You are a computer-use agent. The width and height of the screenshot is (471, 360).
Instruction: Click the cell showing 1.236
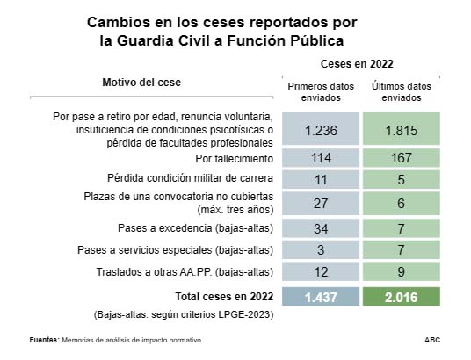click(321, 130)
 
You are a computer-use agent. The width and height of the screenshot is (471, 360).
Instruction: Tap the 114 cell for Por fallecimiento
click(321, 159)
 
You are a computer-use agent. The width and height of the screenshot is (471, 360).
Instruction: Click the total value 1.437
click(321, 297)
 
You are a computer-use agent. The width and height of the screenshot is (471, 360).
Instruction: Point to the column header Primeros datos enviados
click(321, 91)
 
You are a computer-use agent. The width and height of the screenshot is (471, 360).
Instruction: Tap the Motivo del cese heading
click(142, 82)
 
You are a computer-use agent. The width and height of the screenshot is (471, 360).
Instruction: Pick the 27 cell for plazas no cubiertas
click(321, 202)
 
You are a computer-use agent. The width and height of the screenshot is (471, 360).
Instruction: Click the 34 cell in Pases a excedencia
click(321, 228)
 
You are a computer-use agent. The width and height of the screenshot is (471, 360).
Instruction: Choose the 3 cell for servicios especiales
click(321, 250)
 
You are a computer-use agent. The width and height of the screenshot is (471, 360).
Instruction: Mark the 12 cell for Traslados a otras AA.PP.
click(321, 271)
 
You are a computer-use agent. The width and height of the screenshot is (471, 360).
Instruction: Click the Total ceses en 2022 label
click(225, 297)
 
